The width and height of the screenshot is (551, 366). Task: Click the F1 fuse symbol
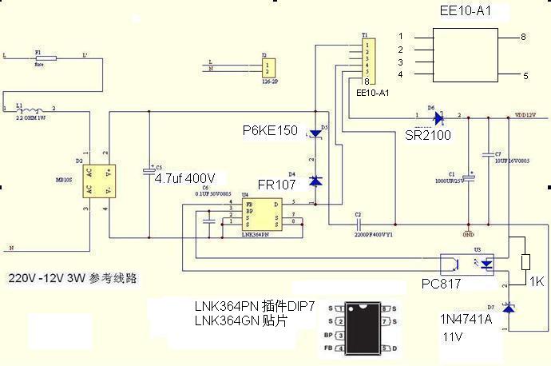pos(45,58)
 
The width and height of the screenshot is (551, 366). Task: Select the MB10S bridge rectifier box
pos(100,180)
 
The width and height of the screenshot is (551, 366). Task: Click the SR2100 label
pos(427,135)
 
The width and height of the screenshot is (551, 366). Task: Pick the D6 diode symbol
pos(437,118)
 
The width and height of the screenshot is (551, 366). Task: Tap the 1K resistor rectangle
pos(525,263)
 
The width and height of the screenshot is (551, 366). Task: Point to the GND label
pos(468,235)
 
